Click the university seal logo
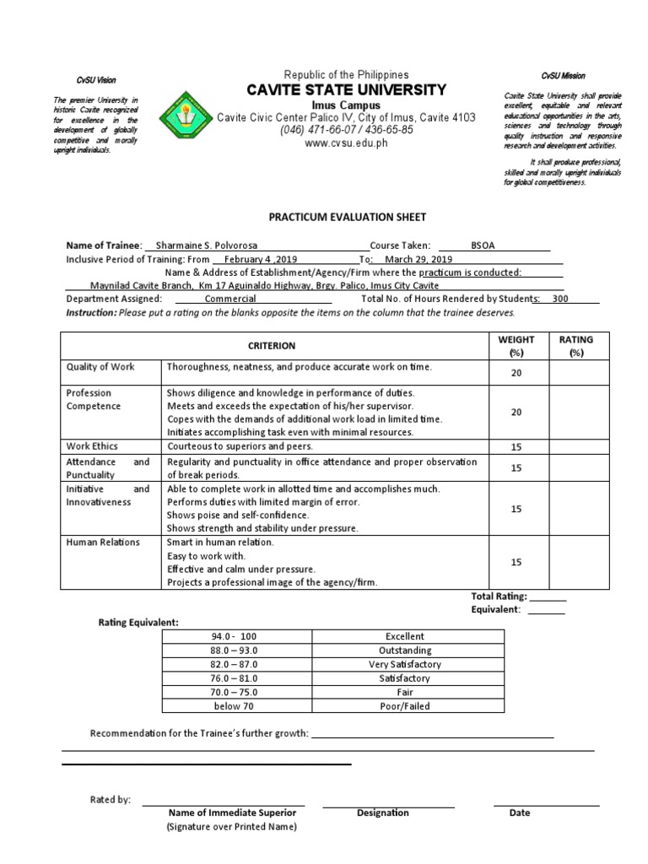point(186,112)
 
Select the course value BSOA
point(483,245)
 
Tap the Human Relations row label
point(104,543)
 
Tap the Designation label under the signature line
point(382,813)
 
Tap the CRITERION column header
point(271,345)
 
